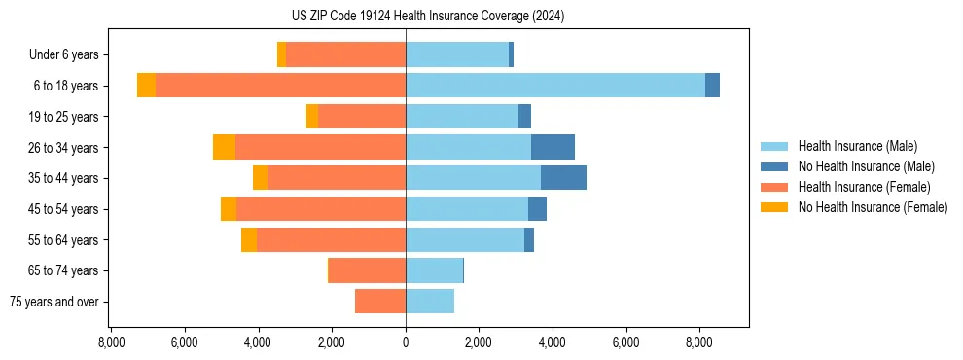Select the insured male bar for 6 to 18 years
[554, 86]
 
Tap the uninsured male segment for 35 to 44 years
[563, 178]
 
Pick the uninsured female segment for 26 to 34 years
[224, 147]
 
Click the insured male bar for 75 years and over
[430, 302]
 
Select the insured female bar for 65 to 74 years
[368, 270]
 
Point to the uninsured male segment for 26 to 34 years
[553, 147]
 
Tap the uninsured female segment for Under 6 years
[281, 54]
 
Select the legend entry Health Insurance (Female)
[864, 187]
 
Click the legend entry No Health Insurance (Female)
[873, 207]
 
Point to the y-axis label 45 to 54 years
[63, 209]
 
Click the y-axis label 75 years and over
[54, 302]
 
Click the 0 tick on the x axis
[406, 342]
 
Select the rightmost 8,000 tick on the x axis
[699, 342]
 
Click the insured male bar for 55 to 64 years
[465, 239]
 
